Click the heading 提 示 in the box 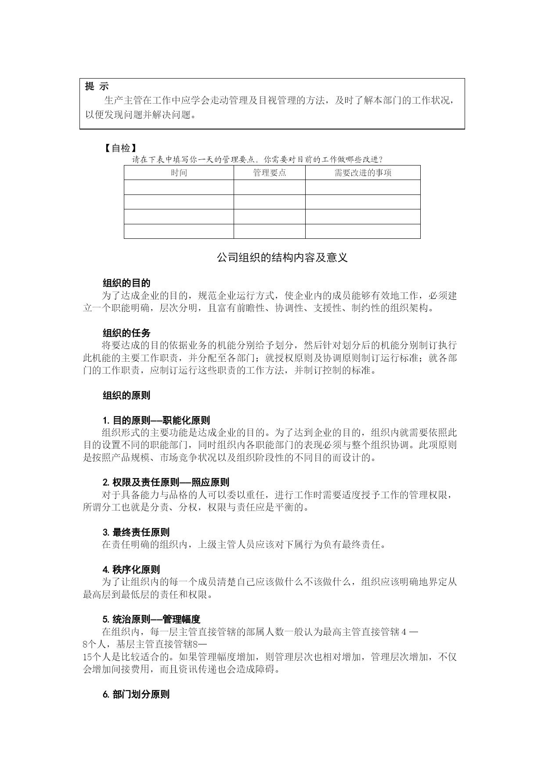pyautogui.click(x=97, y=86)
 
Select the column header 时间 pyautogui.click(x=179, y=173)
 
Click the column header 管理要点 pyautogui.click(x=269, y=173)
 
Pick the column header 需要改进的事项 pyautogui.click(x=363, y=173)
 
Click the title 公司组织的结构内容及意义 pyautogui.click(x=282, y=258)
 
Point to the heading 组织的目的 pyautogui.click(x=126, y=283)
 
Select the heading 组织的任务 pyautogui.click(x=126, y=333)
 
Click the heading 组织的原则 pyautogui.click(x=126, y=396)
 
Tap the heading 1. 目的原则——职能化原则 pyautogui.click(x=156, y=421)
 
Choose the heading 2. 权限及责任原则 pyautogui.click(x=166, y=482)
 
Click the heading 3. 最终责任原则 pyautogui.click(x=136, y=533)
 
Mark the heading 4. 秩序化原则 pyautogui.click(x=131, y=570)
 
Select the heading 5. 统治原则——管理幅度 pyautogui.click(x=151, y=619)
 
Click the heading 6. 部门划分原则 pyautogui.click(x=136, y=694)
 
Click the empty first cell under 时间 pyautogui.click(x=179, y=187)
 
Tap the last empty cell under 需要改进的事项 pyautogui.click(x=363, y=231)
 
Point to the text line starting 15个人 pyautogui.click(x=270, y=657)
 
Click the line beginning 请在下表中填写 pyautogui.click(x=257, y=159)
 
